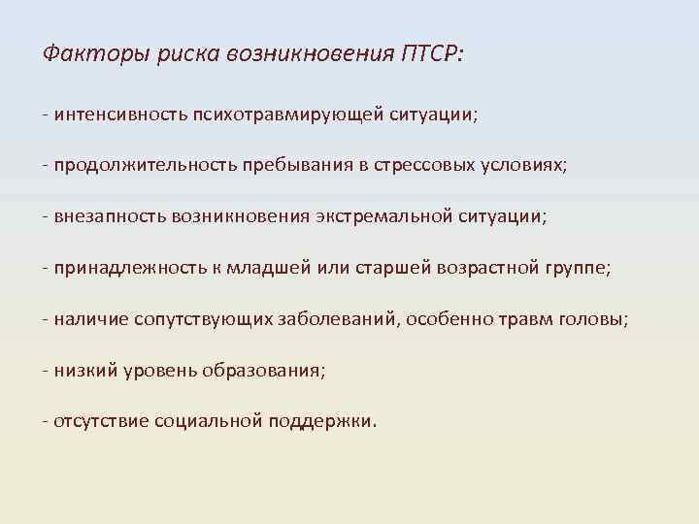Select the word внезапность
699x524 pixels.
click(x=110, y=216)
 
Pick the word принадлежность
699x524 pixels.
click(x=126, y=268)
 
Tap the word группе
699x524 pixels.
click(x=576, y=269)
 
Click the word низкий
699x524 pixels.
click(x=85, y=370)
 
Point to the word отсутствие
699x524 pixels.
click(x=98, y=421)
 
